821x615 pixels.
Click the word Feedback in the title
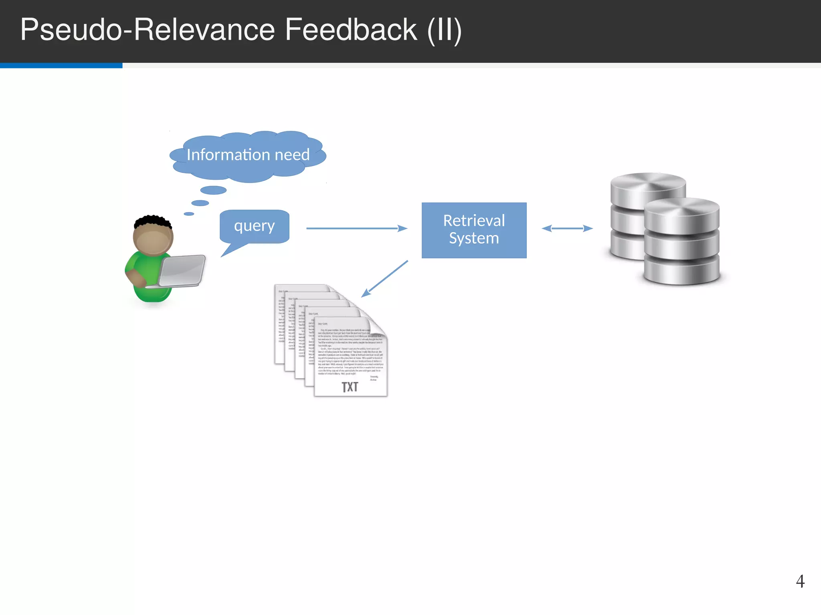point(350,30)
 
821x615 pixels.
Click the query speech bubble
point(254,226)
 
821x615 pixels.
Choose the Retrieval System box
point(474,230)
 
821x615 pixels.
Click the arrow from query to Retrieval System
point(356,228)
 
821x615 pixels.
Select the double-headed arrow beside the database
point(567,228)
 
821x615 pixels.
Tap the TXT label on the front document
point(350,387)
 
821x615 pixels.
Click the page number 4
point(800,581)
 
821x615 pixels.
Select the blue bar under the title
point(61,65)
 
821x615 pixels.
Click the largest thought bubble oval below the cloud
point(213,190)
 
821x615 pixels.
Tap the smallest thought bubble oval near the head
point(189,214)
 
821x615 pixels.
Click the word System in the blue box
point(474,238)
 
